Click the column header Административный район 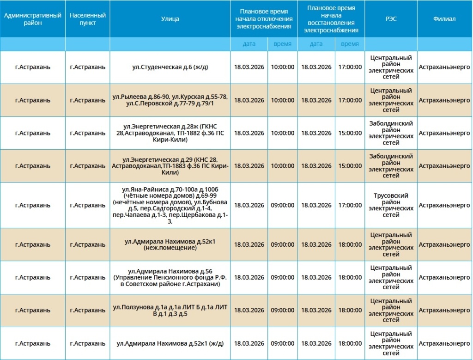tap(32, 19)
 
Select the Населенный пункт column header tap(87, 19)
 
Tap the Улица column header tap(170, 19)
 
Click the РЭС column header tap(391, 19)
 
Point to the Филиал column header tap(444, 19)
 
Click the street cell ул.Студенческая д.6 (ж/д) tap(170, 67)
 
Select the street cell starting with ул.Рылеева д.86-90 tap(170, 100)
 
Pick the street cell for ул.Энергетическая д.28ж tap(170, 133)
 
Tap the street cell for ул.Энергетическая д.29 tap(170, 166)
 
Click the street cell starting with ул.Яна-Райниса tap(170, 205)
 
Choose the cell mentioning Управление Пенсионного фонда tap(170, 277)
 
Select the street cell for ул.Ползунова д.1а tap(170, 311)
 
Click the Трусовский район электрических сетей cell tap(391, 205)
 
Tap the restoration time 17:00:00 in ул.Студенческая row tap(350, 67)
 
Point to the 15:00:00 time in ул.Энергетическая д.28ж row tap(350, 133)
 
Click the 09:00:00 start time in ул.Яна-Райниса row tap(282, 205)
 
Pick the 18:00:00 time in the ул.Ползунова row tap(350, 311)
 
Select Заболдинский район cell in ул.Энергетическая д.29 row tap(391, 166)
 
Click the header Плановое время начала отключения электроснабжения tap(264, 19)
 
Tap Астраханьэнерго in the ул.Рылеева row tap(444, 100)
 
